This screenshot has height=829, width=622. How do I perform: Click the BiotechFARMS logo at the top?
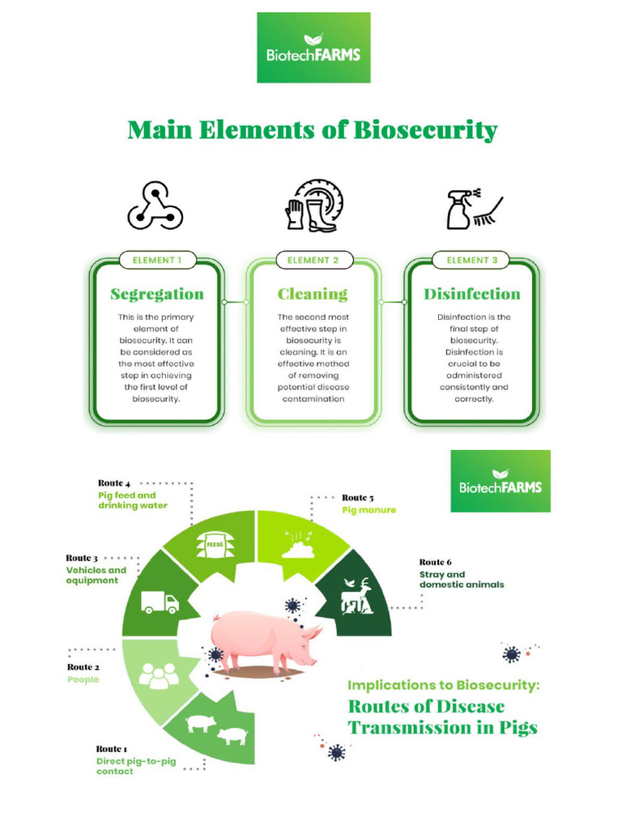click(313, 48)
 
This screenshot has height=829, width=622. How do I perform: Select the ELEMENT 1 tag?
click(155, 260)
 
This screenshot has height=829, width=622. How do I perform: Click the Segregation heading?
click(156, 294)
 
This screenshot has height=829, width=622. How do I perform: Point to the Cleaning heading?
click(312, 294)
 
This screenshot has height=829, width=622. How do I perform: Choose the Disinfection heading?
click(471, 294)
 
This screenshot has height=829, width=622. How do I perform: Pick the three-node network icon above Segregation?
click(155, 206)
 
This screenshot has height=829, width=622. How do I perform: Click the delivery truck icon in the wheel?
click(160, 602)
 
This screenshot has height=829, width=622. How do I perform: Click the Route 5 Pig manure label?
click(369, 504)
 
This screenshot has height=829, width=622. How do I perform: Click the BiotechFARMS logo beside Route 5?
click(500, 481)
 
